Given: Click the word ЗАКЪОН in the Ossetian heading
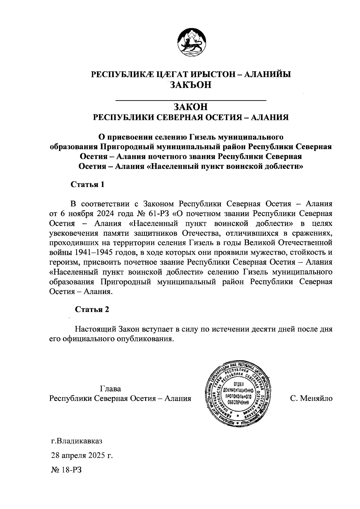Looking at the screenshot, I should click(191, 85).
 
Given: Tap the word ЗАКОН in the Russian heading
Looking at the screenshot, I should click(191, 106).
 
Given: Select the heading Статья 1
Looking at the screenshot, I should click(87, 184).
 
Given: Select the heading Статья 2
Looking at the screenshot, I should click(92, 310).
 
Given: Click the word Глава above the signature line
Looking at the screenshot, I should click(110, 389).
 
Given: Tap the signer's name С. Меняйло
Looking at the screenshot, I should click(311, 399).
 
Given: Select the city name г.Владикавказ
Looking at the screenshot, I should click(77, 442).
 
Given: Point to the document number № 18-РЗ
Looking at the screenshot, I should click(66, 469).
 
